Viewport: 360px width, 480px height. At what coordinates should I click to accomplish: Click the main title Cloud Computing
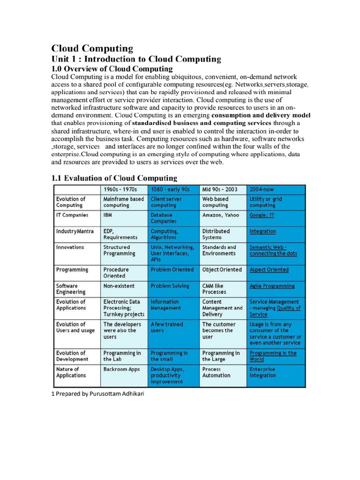click(92, 49)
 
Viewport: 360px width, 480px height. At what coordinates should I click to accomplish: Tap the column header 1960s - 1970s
click(120, 189)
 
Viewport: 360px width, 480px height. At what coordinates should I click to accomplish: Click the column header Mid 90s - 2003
click(220, 189)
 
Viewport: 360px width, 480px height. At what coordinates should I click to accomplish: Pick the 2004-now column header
click(262, 189)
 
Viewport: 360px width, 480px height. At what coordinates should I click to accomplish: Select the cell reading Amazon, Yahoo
click(220, 215)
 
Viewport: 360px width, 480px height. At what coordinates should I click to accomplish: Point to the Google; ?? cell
click(262, 215)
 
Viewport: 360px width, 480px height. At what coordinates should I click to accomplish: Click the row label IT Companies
click(72, 215)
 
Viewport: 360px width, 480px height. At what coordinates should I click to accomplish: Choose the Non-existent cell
click(119, 285)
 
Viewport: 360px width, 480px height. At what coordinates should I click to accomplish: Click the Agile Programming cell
click(272, 286)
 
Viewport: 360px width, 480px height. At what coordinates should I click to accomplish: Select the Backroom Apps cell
click(121, 369)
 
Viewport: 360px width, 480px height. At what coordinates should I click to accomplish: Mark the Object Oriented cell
click(222, 270)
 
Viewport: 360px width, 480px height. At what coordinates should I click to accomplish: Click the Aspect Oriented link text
click(269, 270)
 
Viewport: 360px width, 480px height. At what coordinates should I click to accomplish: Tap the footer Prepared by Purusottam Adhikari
click(98, 394)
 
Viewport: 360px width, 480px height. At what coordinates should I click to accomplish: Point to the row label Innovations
click(70, 247)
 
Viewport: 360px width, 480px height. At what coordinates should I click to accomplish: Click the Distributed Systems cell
click(216, 234)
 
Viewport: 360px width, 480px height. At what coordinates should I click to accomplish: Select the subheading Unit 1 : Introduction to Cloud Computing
click(135, 59)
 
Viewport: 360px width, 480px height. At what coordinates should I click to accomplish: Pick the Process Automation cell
click(216, 372)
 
